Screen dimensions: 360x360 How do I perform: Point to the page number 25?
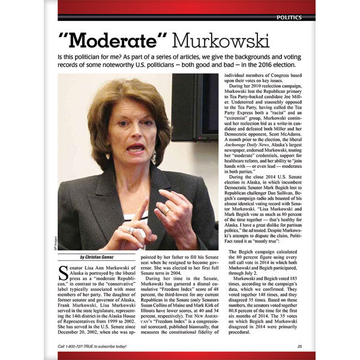299,347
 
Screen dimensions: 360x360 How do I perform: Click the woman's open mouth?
135,146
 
